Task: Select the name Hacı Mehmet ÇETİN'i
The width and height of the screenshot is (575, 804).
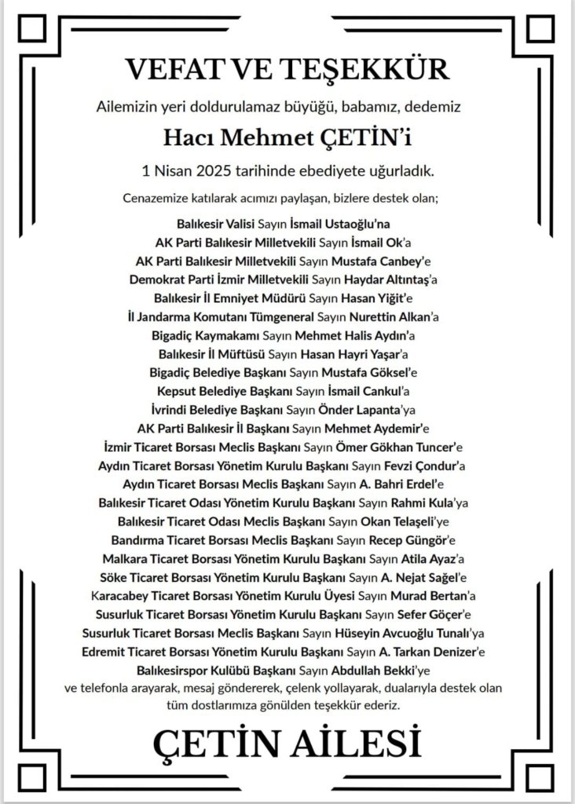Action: pyautogui.click(x=287, y=138)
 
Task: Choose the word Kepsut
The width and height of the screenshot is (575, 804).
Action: pyautogui.click(x=170, y=390)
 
